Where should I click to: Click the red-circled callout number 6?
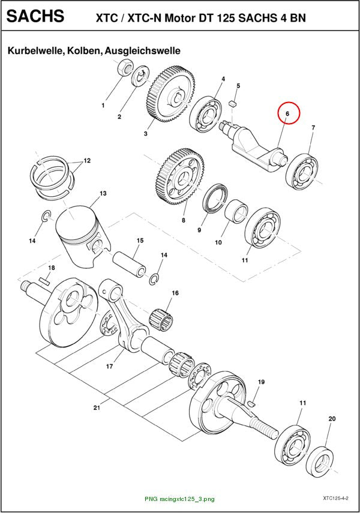[287, 114]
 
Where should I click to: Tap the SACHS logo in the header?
[35, 16]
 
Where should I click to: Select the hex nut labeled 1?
[124, 67]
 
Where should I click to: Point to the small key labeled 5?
[233, 103]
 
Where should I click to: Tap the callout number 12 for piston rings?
[87, 161]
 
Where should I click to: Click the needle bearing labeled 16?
[161, 319]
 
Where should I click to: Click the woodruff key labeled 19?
[251, 403]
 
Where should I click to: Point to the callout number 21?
[97, 407]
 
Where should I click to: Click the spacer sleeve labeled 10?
[236, 211]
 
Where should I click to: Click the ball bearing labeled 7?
[301, 172]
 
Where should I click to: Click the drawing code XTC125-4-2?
[335, 499]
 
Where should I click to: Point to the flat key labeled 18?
[44, 281]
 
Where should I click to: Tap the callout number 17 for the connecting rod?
[109, 366]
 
